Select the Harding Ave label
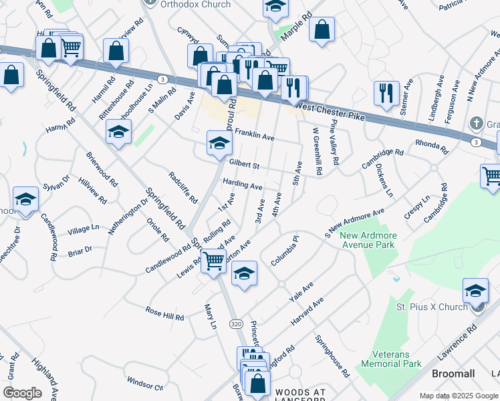click(x=242, y=184)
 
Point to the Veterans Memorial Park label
click(x=391, y=360)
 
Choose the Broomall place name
click(x=453, y=374)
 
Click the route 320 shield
click(x=236, y=323)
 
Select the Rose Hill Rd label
click(x=164, y=313)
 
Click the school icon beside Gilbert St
click(x=219, y=142)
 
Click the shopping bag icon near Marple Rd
click(x=322, y=29)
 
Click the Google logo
click(x=22, y=393)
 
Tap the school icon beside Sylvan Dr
click(x=25, y=199)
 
